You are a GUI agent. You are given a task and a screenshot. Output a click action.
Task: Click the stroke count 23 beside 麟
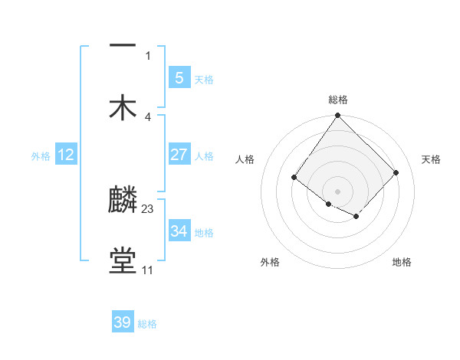pos(148,208)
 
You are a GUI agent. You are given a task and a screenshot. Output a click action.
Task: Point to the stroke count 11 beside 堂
pos(147,270)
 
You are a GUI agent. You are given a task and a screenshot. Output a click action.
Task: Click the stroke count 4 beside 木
pos(148,116)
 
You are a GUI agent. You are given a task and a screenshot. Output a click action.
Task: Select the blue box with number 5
pos(179,78)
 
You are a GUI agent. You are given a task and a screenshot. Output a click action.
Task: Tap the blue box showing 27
pos(179,155)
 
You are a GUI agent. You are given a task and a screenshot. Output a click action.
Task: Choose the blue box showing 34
pos(179,231)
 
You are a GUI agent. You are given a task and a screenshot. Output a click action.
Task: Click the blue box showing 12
pos(66,155)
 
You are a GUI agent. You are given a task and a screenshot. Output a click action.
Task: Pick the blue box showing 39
pos(123,322)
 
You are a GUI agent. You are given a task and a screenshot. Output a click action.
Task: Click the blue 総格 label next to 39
pos(147,324)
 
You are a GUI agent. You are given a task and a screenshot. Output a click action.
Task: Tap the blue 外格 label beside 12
pos(41,156)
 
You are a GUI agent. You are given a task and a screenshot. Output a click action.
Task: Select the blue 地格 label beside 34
pos(204,233)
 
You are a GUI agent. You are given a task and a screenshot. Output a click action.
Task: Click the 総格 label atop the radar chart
pos(338,100)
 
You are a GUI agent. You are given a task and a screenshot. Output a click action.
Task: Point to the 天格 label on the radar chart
pos(431,159)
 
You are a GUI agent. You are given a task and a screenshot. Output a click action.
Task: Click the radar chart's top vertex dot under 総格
pos(337,116)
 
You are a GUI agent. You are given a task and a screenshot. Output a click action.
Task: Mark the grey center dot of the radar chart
pos(337,191)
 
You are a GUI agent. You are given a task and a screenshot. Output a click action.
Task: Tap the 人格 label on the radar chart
pos(245,159)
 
